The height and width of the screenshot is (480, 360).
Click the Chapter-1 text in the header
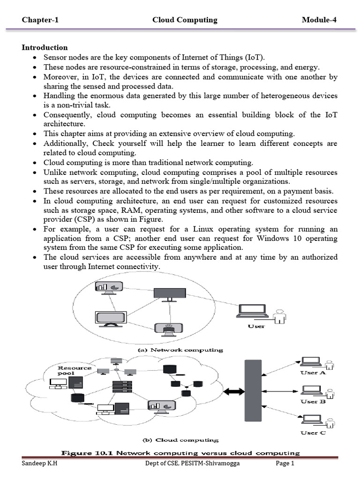pos(40,20)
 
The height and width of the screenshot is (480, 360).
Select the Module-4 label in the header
pos(319,20)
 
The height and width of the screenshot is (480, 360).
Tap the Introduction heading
pos(45,47)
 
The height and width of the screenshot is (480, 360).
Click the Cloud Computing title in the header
pos(185,20)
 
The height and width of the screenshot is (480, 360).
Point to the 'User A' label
pos(313,373)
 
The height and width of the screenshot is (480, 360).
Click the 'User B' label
pos(313,402)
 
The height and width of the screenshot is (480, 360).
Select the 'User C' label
pos(313,433)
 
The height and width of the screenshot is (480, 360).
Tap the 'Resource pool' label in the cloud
pos(75,370)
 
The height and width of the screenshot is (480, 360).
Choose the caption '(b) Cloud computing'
pos(180,440)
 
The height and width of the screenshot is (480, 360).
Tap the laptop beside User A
pos(310,362)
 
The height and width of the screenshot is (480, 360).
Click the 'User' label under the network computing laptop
pos(256,326)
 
